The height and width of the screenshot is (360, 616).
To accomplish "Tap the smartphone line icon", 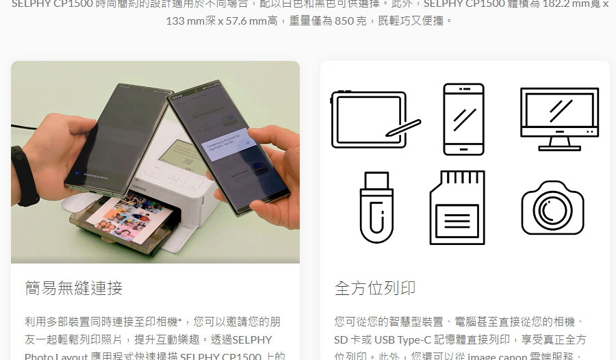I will (x=463, y=119).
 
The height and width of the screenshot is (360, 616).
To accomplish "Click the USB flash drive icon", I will (x=376, y=207).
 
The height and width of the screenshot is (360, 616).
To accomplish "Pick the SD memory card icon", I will (x=457, y=207).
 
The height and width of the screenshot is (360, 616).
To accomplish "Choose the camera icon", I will (x=552, y=208).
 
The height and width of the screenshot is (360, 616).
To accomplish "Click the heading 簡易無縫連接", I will (x=73, y=287).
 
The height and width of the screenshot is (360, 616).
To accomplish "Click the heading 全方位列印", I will (x=375, y=287).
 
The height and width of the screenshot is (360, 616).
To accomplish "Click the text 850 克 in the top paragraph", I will (x=355, y=21).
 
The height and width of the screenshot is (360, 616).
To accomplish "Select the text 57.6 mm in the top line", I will (x=247, y=21).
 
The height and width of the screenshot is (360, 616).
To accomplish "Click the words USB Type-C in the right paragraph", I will (x=402, y=339).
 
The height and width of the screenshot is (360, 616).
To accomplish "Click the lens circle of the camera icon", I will (x=552, y=211).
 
